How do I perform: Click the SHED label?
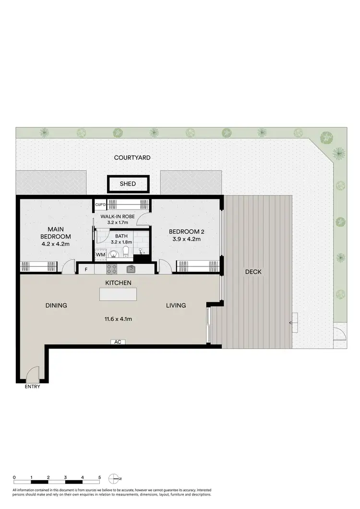click(128, 184)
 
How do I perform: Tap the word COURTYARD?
click(132, 158)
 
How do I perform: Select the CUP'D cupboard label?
click(100, 205)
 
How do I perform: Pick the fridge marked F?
click(86, 269)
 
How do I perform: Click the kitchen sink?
click(131, 269)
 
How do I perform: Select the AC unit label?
click(117, 342)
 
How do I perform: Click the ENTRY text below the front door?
click(33, 387)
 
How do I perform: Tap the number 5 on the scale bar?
click(100, 477)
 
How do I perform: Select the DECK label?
click(253, 272)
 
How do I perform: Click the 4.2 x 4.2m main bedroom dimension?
click(56, 244)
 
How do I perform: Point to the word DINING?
click(56, 305)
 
